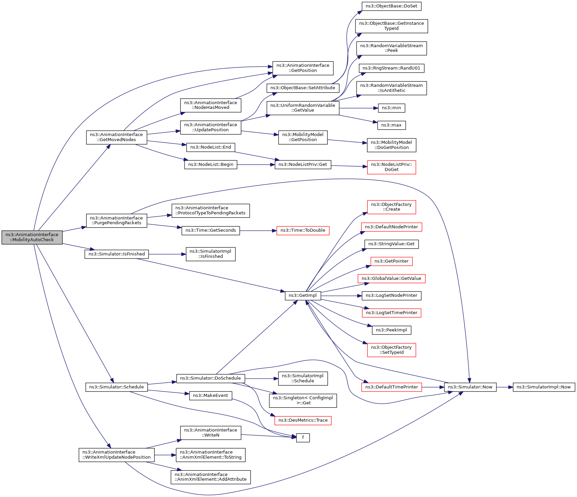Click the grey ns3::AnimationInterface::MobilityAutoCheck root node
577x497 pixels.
(32, 237)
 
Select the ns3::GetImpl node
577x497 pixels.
(303, 295)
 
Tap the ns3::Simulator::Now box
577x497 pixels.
(470, 387)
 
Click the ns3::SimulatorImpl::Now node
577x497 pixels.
(543, 387)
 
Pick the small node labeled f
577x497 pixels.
(303, 438)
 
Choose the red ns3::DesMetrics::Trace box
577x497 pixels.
(303, 420)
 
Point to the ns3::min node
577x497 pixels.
(391, 108)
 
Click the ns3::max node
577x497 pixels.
(391, 125)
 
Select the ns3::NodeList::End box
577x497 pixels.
(210, 147)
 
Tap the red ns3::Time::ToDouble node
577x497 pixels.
(303, 230)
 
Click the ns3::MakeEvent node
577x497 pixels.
(210, 396)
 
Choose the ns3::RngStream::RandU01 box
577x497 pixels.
(391, 68)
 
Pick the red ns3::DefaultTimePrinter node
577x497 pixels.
(391, 387)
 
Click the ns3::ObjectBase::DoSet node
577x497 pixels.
(391, 6)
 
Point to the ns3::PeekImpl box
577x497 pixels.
(391, 330)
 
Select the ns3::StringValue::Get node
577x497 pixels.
(391, 244)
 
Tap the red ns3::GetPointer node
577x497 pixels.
(391, 261)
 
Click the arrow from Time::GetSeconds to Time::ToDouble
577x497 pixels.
(258, 231)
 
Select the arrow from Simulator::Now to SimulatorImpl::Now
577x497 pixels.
(504, 387)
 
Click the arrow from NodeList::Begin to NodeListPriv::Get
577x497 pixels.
(256, 165)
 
